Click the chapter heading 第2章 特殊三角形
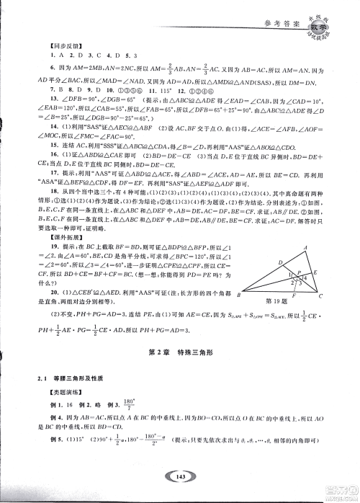tap(179, 351)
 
